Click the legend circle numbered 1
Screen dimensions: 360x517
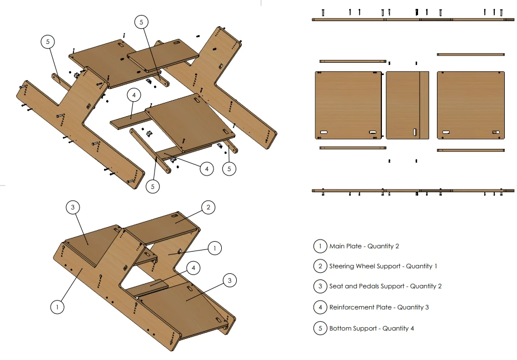coord(320,246)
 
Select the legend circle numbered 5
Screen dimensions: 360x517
coord(320,328)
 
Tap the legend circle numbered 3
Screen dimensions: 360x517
coord(320,287)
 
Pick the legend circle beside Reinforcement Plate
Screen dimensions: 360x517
coord(320,307)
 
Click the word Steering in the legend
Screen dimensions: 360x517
coord(342,266)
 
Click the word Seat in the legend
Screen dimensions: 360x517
coord(336,287)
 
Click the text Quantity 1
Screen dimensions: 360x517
coord(421,266)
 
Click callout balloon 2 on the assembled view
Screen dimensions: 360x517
coord(208,207)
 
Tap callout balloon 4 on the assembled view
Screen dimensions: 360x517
coord(193,268)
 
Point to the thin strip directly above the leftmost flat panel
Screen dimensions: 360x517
coord(352,61)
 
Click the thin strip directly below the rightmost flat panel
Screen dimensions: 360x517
coord(470,150)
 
